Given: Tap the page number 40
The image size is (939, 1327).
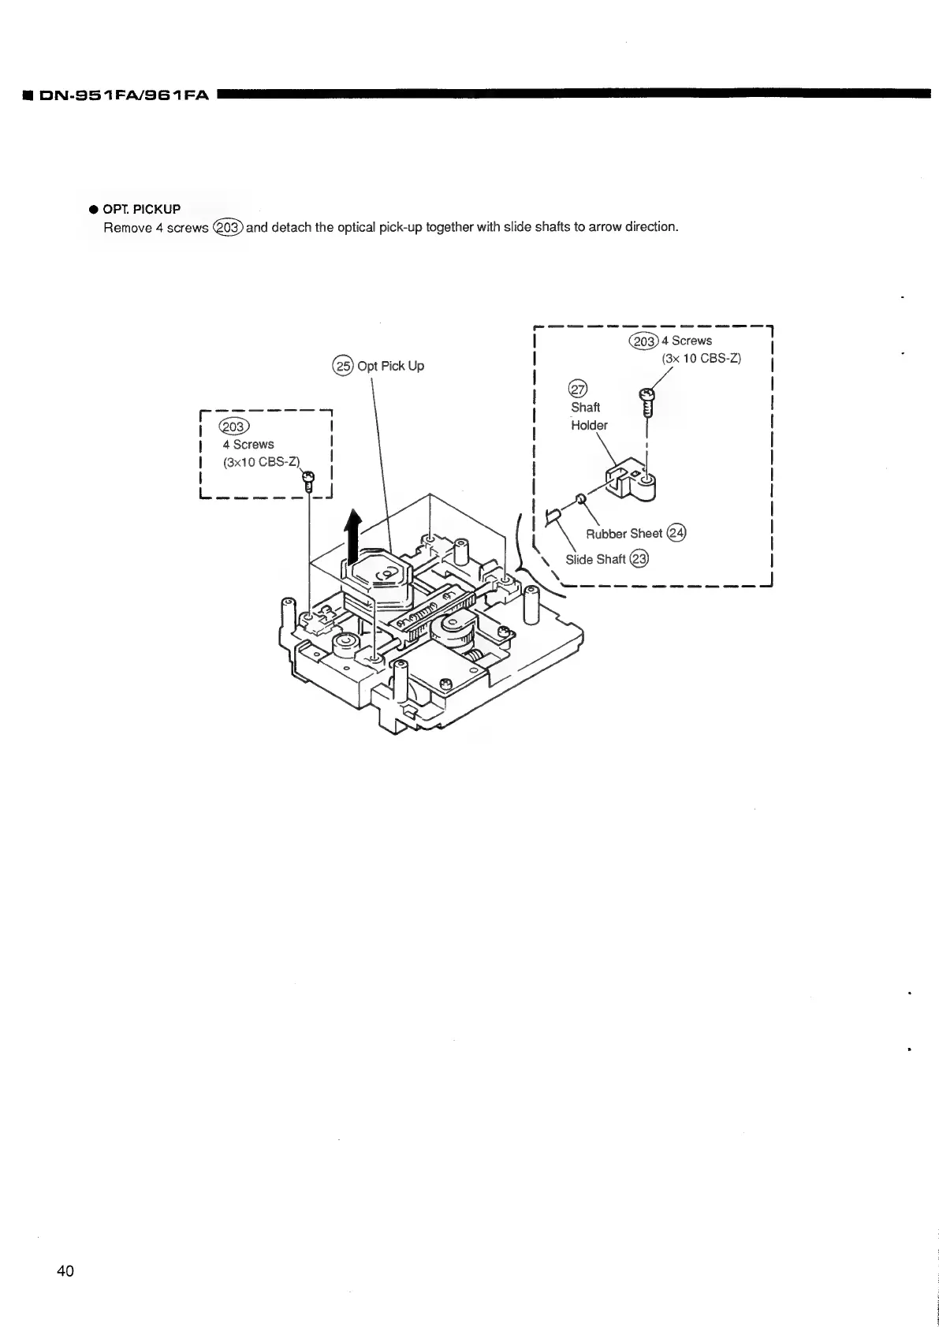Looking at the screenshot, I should coord(65,1270).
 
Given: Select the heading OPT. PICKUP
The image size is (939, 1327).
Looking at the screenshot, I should coord(142,209).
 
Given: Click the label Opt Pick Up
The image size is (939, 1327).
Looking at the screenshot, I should coord(390,366).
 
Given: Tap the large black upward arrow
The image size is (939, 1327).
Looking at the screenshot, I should coord(353,534).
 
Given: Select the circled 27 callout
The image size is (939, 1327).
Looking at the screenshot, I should coord(578,389).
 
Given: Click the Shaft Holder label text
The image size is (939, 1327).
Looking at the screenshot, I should coord(588,416).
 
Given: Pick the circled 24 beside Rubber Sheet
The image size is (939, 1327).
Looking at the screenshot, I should coord(676,533).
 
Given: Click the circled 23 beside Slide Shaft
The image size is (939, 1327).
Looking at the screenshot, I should coord(639,559).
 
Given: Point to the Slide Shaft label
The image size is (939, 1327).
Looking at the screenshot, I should coord(595,560).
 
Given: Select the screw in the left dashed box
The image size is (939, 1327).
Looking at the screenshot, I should coord(308,480).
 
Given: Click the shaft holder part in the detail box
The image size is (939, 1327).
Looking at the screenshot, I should coord(632,481).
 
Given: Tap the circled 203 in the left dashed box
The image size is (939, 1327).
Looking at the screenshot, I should coord(235,427).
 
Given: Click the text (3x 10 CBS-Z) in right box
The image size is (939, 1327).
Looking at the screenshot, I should coord(701,358).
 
